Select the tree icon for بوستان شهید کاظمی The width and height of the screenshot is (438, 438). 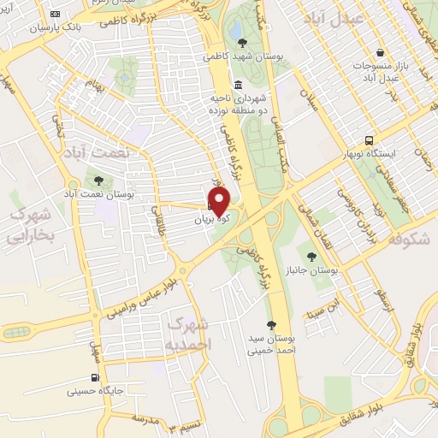coord(244,42)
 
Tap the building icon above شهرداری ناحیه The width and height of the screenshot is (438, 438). coord(237,85)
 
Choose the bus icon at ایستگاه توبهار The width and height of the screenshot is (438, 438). coord(369,140)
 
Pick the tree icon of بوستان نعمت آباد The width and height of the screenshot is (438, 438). coord(99,181)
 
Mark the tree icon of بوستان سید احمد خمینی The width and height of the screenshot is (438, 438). coord(271,324)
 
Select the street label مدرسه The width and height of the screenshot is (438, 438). coord(145,417)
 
